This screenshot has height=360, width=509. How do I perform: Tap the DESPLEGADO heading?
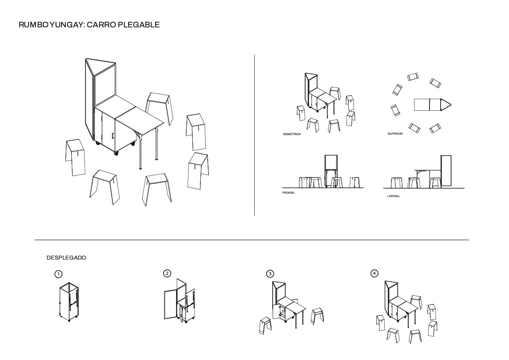coord(66,258)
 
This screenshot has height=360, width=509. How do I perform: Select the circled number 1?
coord(58,274)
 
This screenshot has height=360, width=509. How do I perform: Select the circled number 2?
coord(167,273)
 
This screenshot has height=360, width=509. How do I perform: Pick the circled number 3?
coord(270,274)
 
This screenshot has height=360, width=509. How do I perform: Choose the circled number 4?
coord(374,273)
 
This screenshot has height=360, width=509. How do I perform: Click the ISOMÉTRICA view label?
coord(292,134)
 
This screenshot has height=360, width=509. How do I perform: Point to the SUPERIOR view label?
coord(395,134)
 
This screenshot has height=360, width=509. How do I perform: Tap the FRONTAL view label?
coord(288,193)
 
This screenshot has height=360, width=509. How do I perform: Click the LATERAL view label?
coord(394,196)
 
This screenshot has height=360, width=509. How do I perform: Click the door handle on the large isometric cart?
coord(113,136)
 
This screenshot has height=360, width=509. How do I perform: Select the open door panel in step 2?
coord(170,304)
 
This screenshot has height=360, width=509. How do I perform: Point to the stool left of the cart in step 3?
coord(266,326)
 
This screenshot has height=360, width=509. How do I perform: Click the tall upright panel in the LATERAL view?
coord(446,171)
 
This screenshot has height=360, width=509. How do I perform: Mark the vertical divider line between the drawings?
coord(255,135)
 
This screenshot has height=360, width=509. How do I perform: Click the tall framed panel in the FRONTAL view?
coord(331,162)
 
